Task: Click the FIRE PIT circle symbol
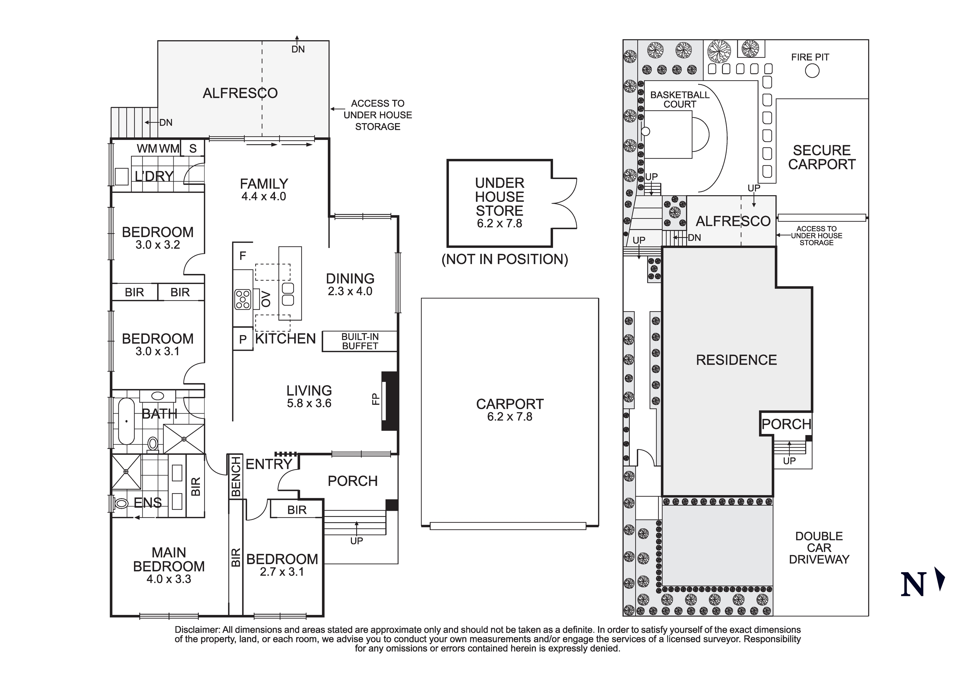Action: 812,71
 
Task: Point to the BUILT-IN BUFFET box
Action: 360,341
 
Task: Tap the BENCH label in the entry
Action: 236,476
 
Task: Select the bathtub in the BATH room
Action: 126,421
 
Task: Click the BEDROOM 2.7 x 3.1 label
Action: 282,565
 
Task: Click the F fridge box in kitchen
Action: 243,256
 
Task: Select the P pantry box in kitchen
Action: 243,339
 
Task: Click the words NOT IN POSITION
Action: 505,259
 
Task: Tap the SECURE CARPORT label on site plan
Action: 822,158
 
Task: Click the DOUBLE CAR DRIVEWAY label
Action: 819,548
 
